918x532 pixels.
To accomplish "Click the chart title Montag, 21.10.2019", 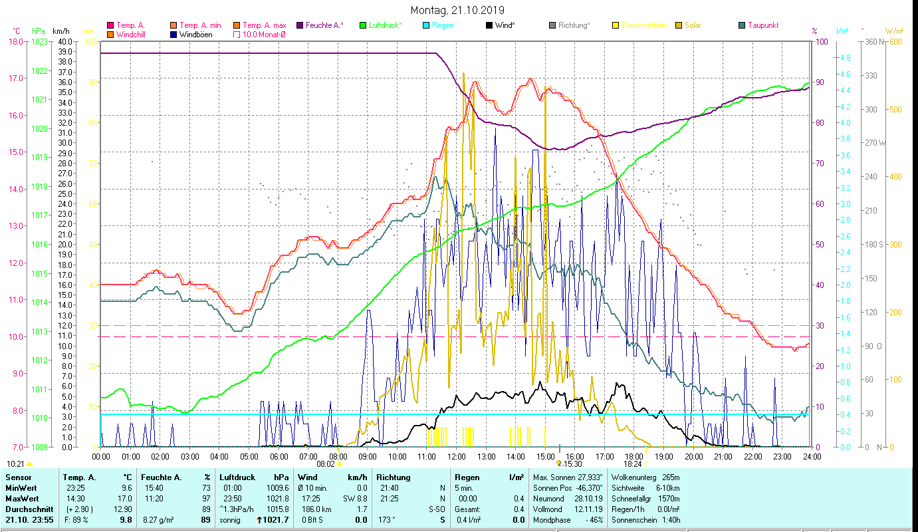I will (457, 10).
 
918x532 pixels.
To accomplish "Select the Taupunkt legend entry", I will (762, 25).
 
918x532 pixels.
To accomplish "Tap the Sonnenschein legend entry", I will (643, 25).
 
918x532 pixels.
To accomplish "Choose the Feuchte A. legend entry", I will (324, 25).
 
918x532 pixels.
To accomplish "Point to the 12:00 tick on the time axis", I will (457, 457).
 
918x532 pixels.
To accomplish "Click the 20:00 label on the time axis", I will (693, 457).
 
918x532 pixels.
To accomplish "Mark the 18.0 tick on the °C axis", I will (15, 41).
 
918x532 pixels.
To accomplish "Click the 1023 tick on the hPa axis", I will (39, 41).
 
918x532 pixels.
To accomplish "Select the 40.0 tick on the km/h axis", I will (65, 41).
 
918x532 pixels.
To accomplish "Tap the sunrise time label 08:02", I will (325, 464).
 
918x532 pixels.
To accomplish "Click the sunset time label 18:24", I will (632, 464).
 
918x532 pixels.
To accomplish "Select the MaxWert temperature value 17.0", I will (126, 499).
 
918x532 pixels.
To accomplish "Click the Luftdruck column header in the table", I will (237, 477).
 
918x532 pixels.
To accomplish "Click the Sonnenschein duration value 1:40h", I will (669, 520).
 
